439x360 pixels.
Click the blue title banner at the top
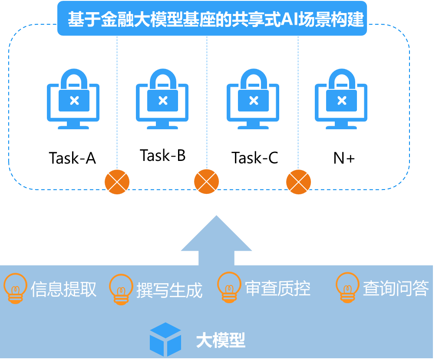[x=212, y=19]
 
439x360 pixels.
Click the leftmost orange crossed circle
[x=117, y=182]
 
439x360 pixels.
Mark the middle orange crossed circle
[x=206, y=182]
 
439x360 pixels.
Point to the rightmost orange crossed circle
[x=299, y=182]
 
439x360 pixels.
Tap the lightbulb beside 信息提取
[x=15, y=288]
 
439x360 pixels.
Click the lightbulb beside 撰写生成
[x=121, y=289]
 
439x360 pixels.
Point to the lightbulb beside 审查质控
[x=229, y=287]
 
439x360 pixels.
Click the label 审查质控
[x=278, y=288]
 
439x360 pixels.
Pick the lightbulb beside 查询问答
[x=347, y=287]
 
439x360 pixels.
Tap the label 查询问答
[x=396, y=288]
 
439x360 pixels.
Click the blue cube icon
[x=165, y=339]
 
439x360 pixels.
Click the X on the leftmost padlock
[x=74, y=101]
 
